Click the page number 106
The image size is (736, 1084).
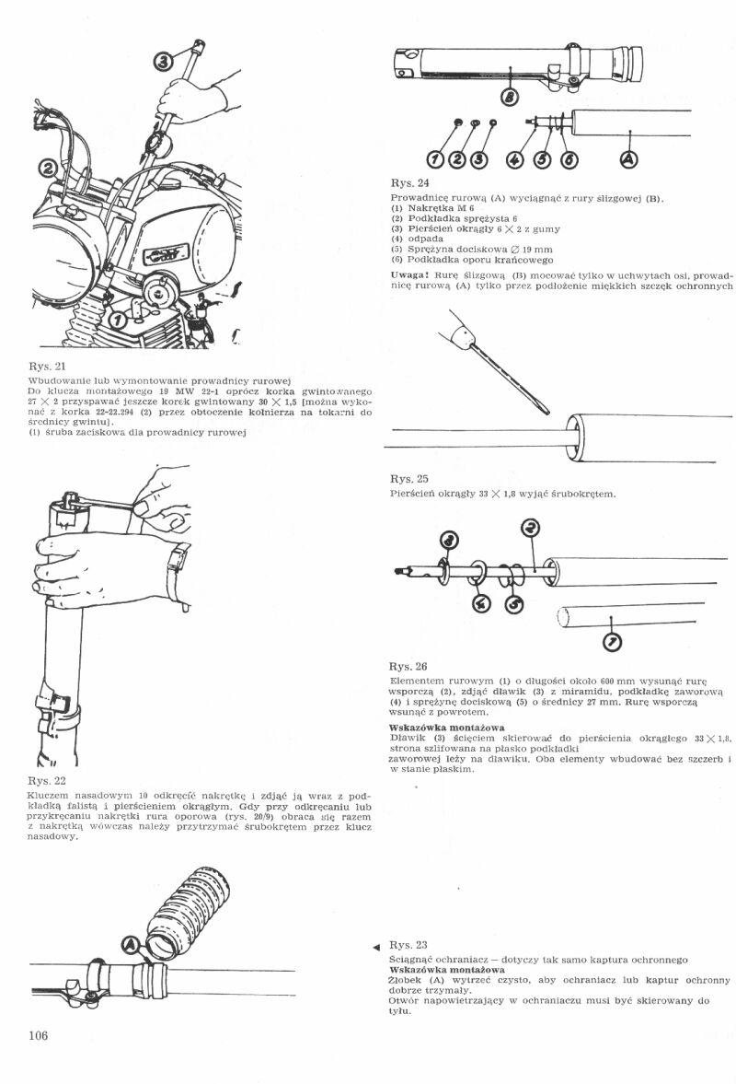[38, 1035]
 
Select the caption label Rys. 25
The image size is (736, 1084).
[408, 479]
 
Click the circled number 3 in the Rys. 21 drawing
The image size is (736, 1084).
[162, 62]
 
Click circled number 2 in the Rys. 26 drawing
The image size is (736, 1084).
[530, 528]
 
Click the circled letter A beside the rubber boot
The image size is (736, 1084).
[132, 943]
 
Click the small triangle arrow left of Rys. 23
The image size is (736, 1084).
[376, 947]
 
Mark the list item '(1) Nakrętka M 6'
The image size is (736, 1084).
[429, 208]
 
